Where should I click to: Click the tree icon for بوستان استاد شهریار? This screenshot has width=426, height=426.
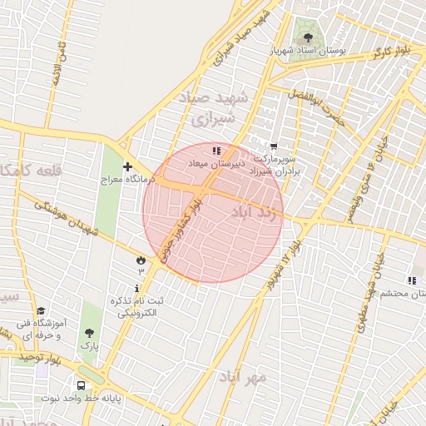click(309, 37)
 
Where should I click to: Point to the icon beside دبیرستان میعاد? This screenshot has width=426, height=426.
click(217, 151)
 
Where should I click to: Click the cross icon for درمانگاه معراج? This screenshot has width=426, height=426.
click(127, 166)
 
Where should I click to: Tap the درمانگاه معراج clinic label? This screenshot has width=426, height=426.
click(123, 179)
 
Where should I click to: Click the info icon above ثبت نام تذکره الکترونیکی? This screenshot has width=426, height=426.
click(137, 287)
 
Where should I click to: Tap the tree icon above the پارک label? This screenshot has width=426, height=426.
click(88, 331)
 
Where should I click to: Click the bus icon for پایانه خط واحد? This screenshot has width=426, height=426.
click(81, 385)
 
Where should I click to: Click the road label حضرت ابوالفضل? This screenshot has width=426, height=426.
click(315, 109)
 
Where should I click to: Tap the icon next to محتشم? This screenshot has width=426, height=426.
click(411, 281)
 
